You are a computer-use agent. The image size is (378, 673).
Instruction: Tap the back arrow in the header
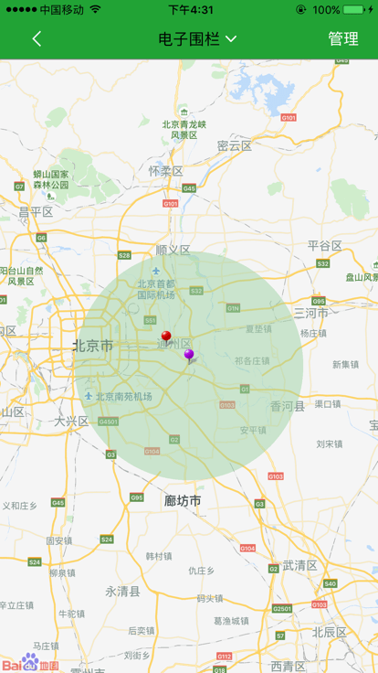37,38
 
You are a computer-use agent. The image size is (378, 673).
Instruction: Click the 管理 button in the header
343,38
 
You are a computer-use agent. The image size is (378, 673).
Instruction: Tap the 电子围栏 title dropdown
197,38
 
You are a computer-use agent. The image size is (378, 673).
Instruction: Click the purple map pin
189,355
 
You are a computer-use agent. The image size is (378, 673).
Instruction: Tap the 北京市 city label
93,346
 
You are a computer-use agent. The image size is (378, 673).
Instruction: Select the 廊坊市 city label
183,501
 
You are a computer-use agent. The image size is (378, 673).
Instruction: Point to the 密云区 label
235,145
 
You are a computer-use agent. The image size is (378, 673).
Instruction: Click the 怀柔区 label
165,171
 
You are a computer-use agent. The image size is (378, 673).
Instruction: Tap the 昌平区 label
37,211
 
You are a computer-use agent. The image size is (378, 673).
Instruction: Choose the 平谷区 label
324,245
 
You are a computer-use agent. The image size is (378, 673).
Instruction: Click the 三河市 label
310,312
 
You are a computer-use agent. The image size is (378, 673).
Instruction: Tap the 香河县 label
288,406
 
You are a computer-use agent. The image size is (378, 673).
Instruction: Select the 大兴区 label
70,422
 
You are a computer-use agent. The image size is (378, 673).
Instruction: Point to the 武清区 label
299,565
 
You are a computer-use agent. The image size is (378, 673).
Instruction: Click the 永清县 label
123,591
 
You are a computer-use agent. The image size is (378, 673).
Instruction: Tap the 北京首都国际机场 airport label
156,288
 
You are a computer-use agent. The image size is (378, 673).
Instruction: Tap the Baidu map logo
30,663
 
